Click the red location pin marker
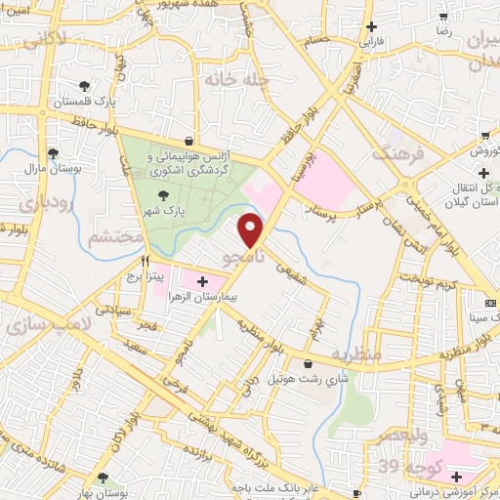[x=252, y=229]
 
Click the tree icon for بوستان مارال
[x=53, y=153]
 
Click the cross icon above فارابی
[x=369, y=27]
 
